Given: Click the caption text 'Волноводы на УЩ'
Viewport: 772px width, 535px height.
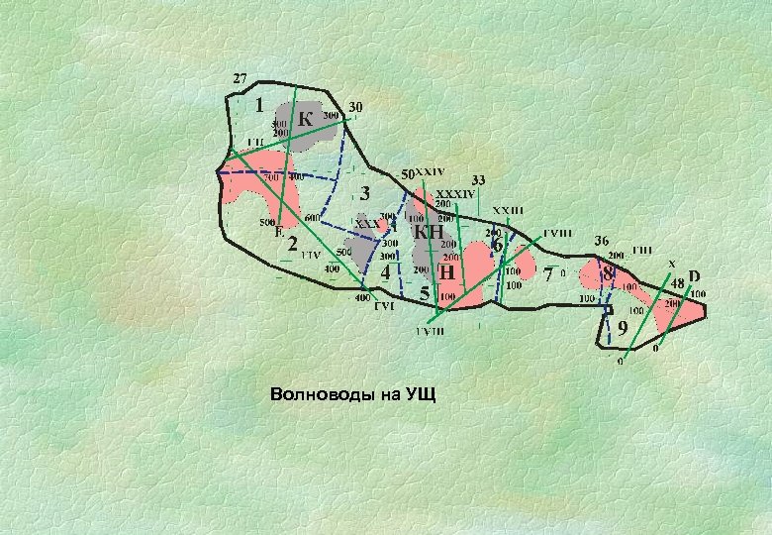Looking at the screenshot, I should (351, 395).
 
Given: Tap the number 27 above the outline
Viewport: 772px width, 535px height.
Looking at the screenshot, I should (240, 77).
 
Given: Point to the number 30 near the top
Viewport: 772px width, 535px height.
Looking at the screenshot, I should (355, 106).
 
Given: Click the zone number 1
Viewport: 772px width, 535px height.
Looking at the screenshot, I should (258, 104).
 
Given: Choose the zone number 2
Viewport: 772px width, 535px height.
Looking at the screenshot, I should (293, 243).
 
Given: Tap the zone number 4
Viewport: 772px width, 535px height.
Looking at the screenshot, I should (385, 272).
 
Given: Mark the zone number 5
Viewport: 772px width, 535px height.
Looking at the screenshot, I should (425, 293).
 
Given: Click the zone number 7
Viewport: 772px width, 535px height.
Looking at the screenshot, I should (548, 275).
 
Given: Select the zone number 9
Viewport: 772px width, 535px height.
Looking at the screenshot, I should (622, 327).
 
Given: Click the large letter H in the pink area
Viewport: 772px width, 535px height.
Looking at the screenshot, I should (447, 270).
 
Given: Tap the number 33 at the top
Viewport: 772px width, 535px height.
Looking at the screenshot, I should (478, 180).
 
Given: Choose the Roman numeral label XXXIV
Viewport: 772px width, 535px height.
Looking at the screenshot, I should (456, 193).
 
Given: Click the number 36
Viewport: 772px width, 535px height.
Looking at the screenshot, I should (601, 241).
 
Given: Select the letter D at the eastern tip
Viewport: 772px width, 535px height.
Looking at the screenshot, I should (694, 275).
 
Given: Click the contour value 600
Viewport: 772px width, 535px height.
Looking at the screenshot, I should (311, 217).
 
